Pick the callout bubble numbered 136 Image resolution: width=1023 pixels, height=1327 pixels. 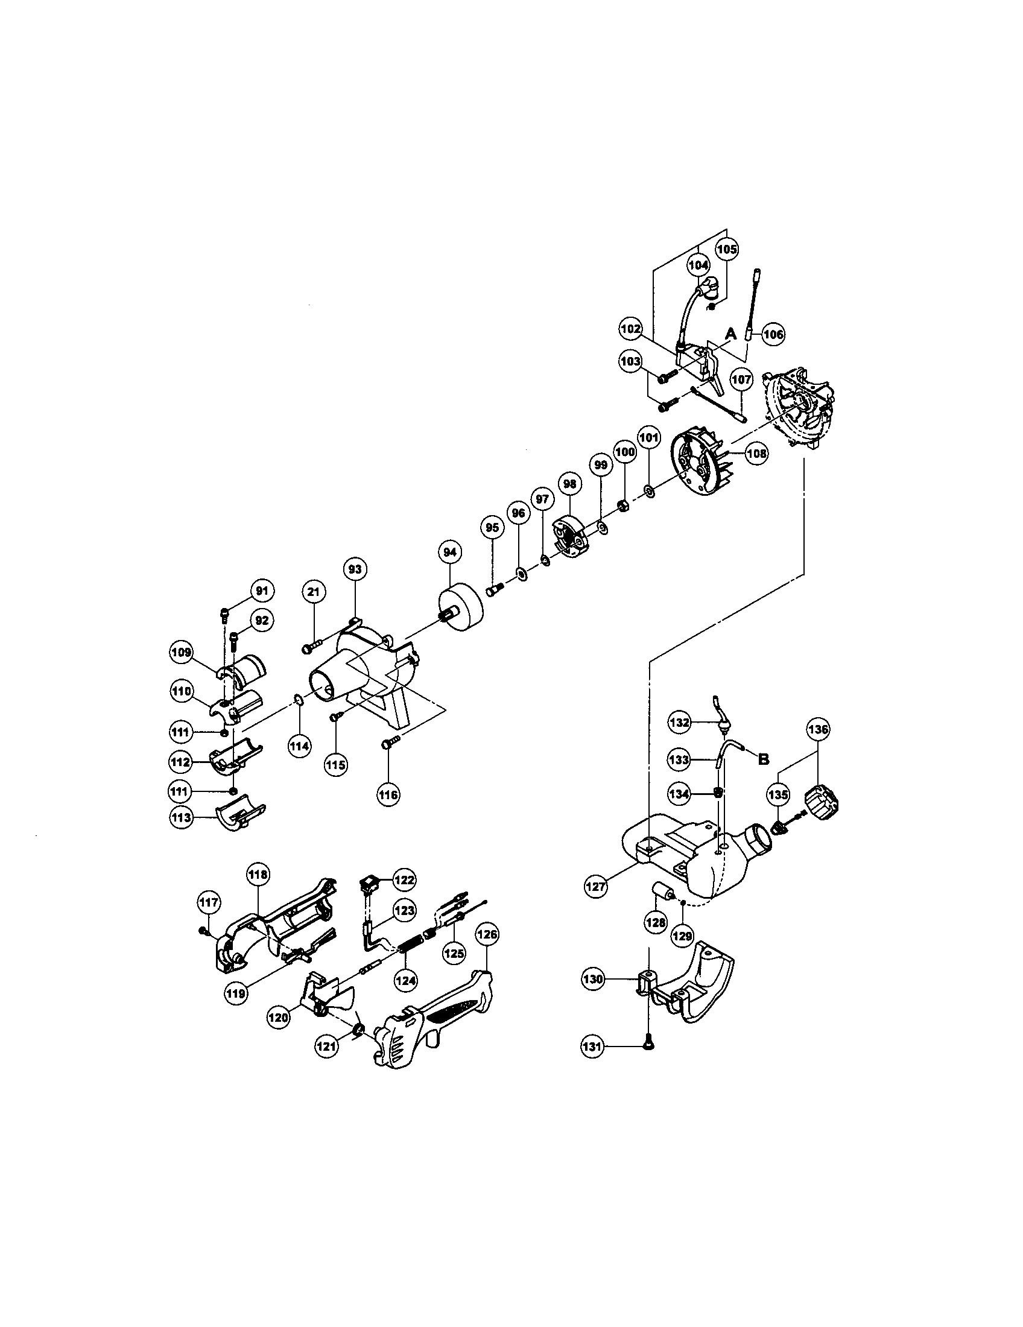[818, 729]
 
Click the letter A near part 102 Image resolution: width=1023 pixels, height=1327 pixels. [731, 334]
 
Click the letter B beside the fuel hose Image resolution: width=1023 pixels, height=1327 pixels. [764, 758]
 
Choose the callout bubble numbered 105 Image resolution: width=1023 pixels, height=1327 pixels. [727, 249]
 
